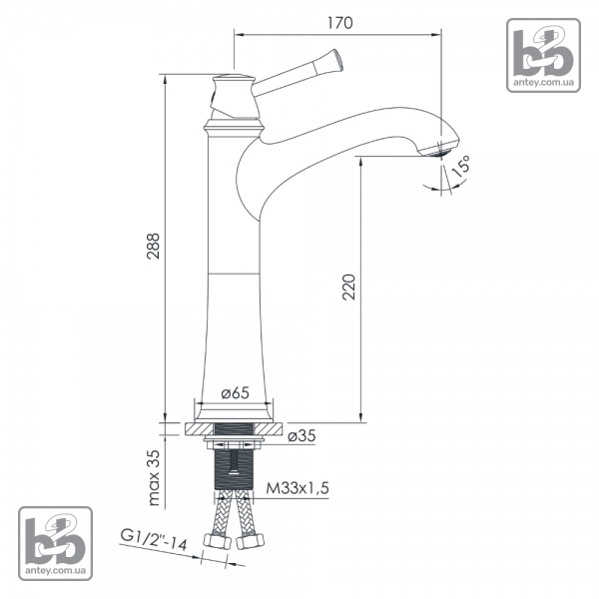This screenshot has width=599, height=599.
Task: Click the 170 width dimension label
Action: coord(340,23)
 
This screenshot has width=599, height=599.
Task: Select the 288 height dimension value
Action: coord(154,246)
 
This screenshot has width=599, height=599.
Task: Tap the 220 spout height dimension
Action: coord(348,287)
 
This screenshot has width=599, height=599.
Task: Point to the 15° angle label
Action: coord(461,167)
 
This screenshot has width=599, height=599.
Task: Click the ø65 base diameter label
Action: coord(235,392)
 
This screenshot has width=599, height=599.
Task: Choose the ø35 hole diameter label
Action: coord(301,435)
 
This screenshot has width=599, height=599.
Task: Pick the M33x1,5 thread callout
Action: coord(298,488)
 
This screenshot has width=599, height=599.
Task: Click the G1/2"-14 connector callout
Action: coord(154,539)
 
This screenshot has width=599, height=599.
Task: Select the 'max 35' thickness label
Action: coord(154,477)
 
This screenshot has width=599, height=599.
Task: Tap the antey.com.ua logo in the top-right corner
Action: coord(543,55)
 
